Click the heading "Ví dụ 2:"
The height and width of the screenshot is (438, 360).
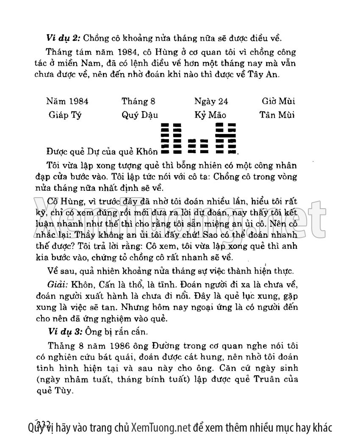point(64,38)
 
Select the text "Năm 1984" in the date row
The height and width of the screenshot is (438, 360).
point(68,102)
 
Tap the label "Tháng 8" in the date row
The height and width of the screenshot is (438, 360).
point(138,102)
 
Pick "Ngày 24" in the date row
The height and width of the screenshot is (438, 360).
point(211,102)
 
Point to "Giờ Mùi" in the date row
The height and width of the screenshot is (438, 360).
point(278,102)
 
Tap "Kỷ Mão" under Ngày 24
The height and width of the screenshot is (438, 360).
point(210,115)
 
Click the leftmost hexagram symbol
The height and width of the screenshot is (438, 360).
point(172,138)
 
